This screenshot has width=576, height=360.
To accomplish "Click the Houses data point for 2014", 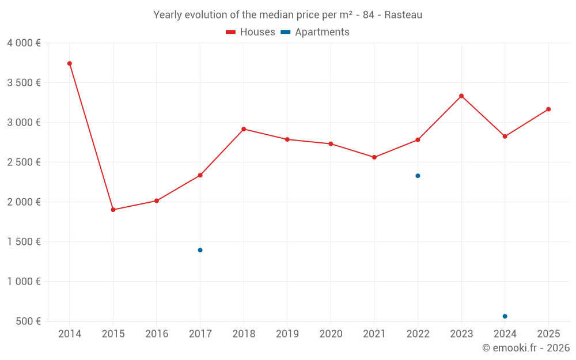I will [70, 63].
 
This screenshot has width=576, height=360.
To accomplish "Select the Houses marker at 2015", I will [113, 210].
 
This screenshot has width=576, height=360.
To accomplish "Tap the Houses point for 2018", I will [244, 129].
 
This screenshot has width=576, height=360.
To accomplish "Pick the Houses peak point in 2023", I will [461, 96].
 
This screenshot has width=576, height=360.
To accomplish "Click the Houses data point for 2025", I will [548, 109].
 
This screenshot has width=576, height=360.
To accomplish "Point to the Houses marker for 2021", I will [374, 157].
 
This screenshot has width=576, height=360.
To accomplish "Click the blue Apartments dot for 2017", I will [200, 250].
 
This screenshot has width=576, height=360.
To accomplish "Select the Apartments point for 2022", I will [418, 176].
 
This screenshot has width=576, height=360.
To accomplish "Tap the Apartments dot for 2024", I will [505, 316].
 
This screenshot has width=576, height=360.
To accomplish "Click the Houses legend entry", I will [251, 32].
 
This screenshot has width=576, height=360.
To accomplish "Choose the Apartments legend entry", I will [315, 32].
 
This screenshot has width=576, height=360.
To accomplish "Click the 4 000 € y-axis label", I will [24, 43].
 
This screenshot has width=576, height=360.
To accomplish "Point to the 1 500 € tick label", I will [24, 241].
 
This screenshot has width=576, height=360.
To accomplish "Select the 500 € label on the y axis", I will [27, 321].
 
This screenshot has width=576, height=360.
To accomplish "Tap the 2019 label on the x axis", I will [287, 334].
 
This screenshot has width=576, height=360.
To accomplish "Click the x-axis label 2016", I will [157, 334].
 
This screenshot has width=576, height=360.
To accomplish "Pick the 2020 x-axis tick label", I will [331, 334].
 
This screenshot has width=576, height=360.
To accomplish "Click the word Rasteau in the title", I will [403, 15].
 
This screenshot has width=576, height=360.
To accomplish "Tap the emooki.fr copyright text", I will [526, 348].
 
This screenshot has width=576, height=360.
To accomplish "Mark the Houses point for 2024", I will [505, 137].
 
